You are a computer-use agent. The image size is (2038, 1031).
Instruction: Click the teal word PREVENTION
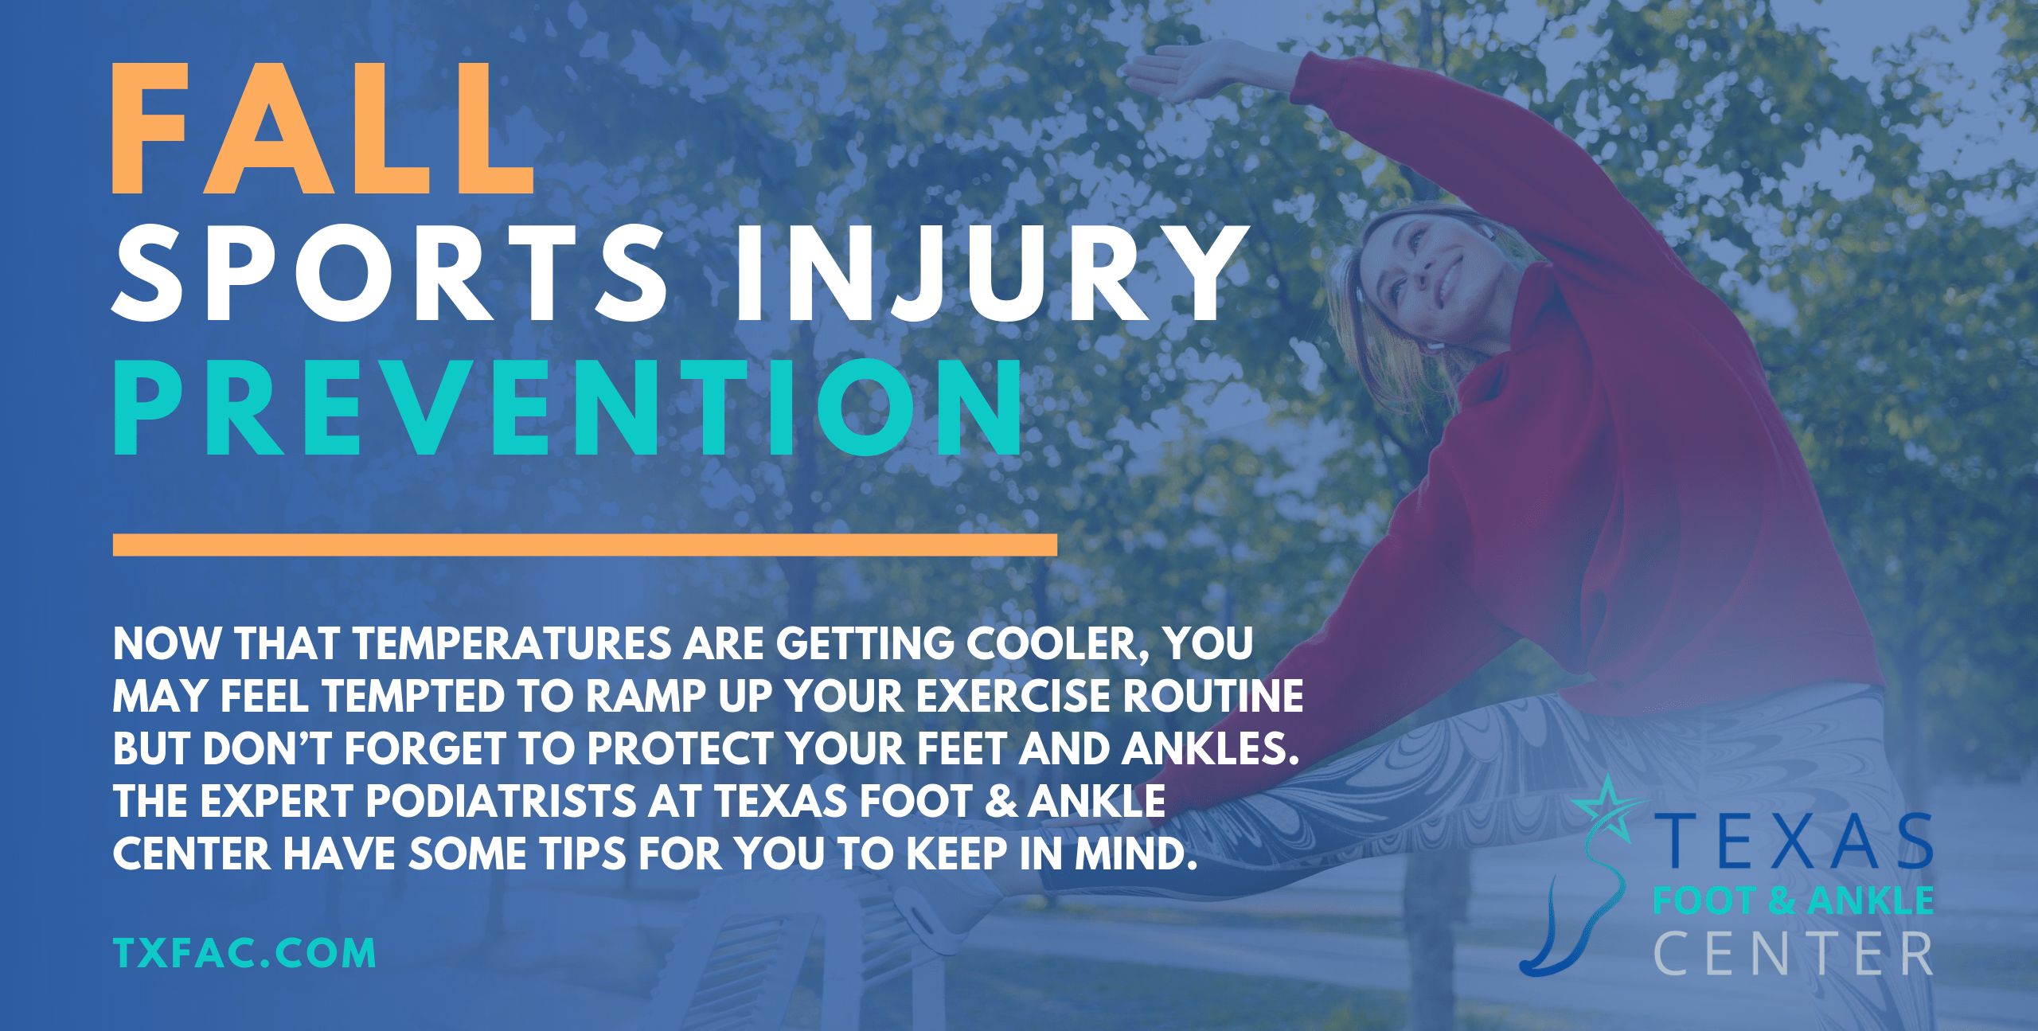click(568, 408)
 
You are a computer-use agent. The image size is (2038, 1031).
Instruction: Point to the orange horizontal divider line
click(584, 545)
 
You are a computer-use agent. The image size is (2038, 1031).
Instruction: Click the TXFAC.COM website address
click(244, 953)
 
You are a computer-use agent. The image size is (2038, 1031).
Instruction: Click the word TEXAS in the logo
click(1794, 842)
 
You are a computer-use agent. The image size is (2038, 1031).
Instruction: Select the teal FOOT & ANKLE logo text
click(1793, 900)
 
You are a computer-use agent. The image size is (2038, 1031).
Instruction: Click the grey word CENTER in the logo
click(1793, 954)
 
